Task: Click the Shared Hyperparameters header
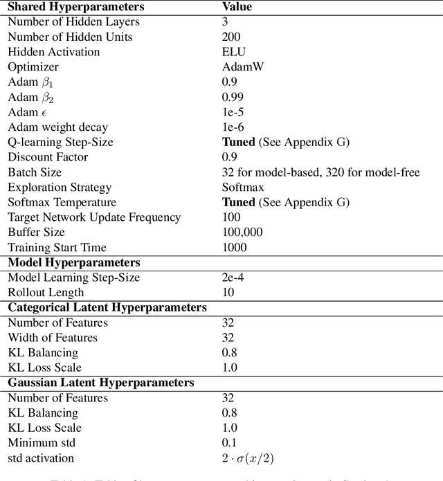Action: (x=76, y=7)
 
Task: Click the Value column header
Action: (x=237, y=7)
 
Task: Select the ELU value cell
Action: (x=234, y=52)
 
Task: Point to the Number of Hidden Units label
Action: (x=70, y=37)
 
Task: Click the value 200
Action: (x=231, y=37)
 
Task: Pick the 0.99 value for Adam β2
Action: (x=233, y=97)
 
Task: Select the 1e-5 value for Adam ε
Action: (x=233, y=112)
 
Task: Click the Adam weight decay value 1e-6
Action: (x=233, y=127)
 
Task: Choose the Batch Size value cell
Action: (x=320, y=172)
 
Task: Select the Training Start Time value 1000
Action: (x=235, y=247)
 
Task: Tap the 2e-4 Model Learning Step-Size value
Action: (x=233, y=278)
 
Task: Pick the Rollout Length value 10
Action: (x=228, y=292)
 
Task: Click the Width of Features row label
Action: (x=53, y=338)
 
